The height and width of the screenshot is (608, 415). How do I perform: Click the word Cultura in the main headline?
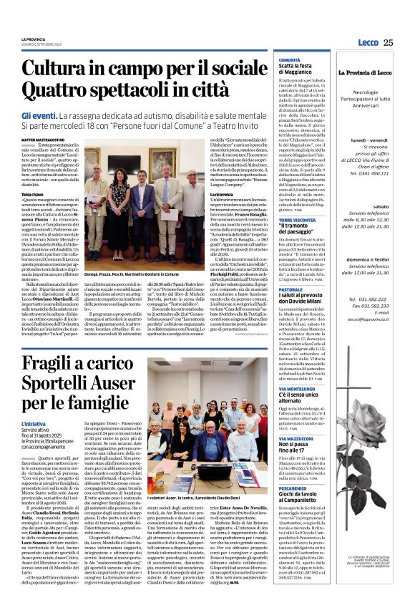[76, 69]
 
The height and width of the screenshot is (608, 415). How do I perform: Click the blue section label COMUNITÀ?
[289, 60]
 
